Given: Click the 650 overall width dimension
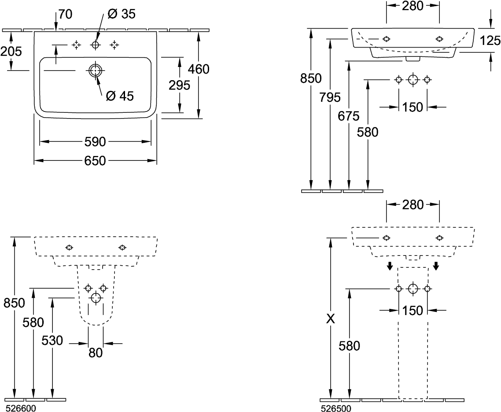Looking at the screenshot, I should tap(95, 161).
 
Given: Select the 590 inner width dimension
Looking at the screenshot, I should tap(95, 141).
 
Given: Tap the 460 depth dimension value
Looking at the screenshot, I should tap(199, 69).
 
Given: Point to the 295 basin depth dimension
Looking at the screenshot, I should tap(179, 85).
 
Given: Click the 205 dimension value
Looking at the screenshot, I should tap(11, 52).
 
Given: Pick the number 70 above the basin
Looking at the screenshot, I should tap(65, 14).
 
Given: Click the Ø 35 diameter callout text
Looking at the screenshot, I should tap(121, 14).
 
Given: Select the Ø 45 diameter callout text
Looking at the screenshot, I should tap(120, 96).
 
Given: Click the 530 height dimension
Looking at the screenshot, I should tap(52, 340).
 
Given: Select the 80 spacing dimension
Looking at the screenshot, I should tap(96, 353).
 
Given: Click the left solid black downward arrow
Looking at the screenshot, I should tap(390, 265).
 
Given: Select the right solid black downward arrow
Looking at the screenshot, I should tap(436, 265).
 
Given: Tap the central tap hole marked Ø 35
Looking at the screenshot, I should tap(95, 45).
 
